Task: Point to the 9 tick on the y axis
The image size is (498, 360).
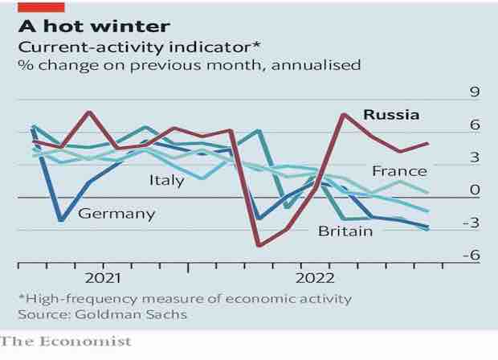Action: [474, 92]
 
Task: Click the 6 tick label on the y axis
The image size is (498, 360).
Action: [474, 125]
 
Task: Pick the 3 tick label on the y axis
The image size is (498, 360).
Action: [474, 157]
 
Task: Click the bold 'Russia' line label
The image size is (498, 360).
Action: [391, 114]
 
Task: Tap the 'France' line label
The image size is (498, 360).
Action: [399, 170]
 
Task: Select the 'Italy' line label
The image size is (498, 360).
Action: [167, 180]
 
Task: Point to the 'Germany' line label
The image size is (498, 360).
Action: [116, 214]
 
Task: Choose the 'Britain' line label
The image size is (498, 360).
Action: [345, 231]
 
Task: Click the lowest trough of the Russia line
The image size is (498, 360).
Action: [259, 245]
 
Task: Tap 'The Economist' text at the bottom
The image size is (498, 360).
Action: [66, 342]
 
